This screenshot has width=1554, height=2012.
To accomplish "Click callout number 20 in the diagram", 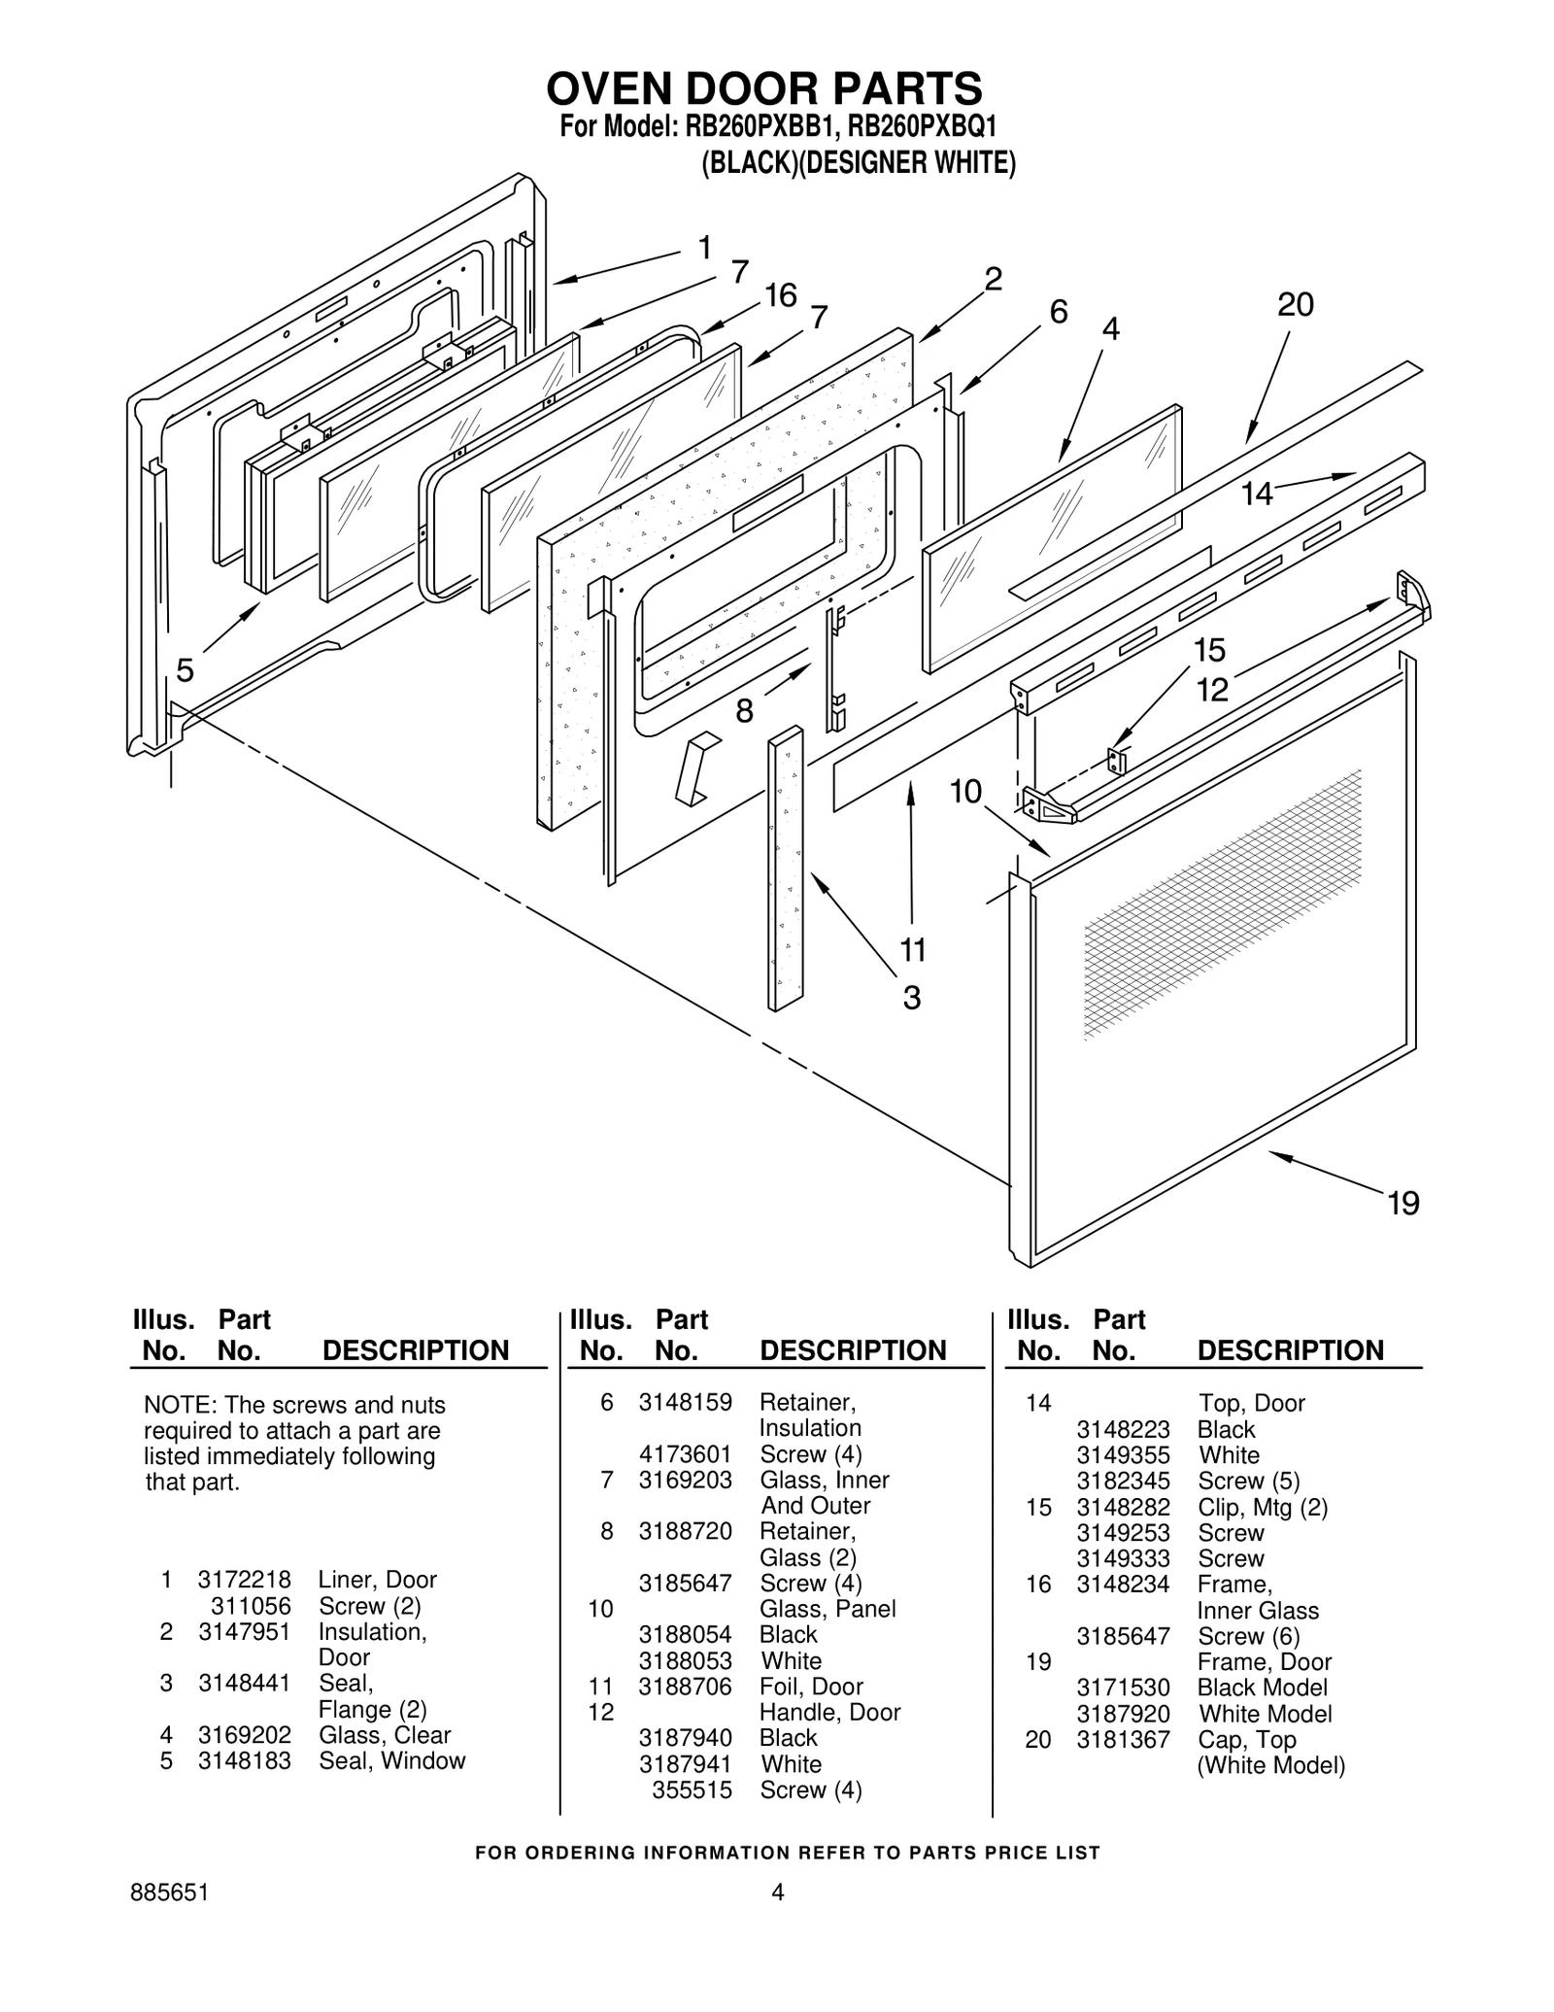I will click(x=1295, y=305).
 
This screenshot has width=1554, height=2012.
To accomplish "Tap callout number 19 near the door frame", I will click(x=1403, y=1204).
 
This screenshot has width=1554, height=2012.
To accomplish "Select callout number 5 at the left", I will click(x=186, y=669).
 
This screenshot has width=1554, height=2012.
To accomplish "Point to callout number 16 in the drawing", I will click(x=779, y=295).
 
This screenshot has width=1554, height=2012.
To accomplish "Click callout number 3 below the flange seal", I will click(x=911, y=998).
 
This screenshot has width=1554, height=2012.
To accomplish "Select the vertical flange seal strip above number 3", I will click(x=785, y=870).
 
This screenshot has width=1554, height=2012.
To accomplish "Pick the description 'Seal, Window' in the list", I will click(x=391, y=1760).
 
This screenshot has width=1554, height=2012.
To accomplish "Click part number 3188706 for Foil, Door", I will click(x=685, y=1687).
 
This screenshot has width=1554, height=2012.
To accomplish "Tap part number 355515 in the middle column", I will click(x=692, y=1790).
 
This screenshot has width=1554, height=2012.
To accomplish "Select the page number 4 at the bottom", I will click(x=777, y=1892).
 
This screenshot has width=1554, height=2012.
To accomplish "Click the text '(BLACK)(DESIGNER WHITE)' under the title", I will click(x=859, y=163).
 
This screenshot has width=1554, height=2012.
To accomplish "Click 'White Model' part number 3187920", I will click(x=1123, y=1714).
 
